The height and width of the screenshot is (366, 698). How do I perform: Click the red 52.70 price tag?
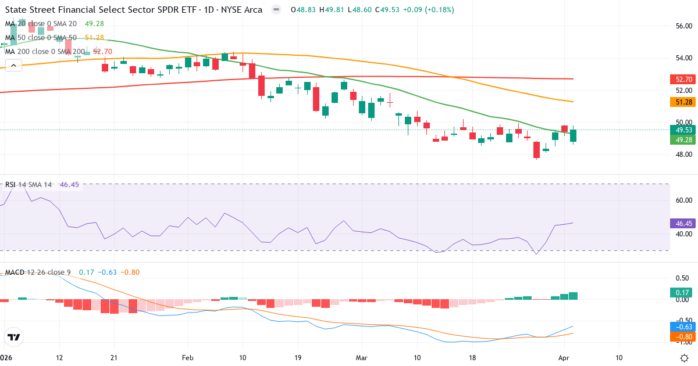tap(681, 79)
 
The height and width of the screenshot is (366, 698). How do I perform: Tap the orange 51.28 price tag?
tap(681, 102)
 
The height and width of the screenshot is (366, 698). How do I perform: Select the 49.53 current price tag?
tap(681, 130)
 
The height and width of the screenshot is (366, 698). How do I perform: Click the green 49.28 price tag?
tap(681, 140)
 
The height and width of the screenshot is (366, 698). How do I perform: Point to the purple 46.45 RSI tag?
tap(681, 223)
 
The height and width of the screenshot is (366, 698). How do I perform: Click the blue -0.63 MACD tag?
tap(681, 326)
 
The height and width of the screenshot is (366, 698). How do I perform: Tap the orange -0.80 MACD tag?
tap(681, 336)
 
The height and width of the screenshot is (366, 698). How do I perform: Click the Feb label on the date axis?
tap(187, 358)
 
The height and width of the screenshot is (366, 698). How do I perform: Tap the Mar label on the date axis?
tap(362, 358)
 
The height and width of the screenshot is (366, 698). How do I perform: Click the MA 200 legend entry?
tap(44, 51)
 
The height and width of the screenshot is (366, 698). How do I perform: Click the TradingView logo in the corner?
tap(14, 337)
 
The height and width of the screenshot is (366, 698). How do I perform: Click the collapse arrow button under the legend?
tap(13, 66)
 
